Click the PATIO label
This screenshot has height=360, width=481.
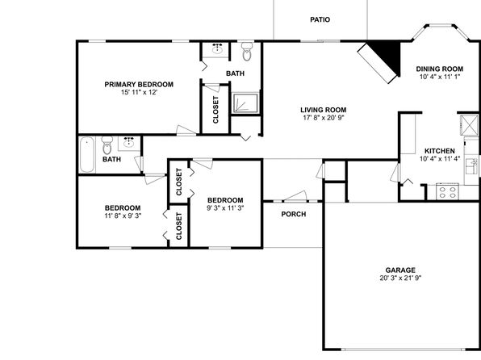coord(320,20)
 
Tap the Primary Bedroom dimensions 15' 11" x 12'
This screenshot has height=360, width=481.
coord(139,92)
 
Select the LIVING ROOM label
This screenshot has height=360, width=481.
coord(324,110)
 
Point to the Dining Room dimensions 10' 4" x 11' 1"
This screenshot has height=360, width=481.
coord(440,77)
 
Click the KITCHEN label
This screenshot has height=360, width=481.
coord(440,151)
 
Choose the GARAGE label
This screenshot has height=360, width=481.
coord(400,270)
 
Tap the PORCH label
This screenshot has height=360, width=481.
coord(294,214)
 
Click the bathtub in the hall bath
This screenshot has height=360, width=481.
coord(87,155)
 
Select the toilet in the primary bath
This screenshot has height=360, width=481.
coord(247,52)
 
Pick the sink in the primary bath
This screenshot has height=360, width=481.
coord(217,48)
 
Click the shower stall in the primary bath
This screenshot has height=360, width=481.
coord(245,103)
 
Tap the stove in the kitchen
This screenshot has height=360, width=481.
coord(447,192)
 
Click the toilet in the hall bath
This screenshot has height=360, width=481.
coord(107,145)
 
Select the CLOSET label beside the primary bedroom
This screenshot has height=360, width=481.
coord(215,110)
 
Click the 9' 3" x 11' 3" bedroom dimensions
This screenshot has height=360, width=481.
coord(225,208)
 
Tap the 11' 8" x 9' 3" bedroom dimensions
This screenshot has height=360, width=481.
coord(123,216)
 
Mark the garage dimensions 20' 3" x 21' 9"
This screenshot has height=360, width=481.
coord(400,278)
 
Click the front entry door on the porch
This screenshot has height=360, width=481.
coord(295,196)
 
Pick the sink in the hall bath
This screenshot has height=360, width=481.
coord(129,143)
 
